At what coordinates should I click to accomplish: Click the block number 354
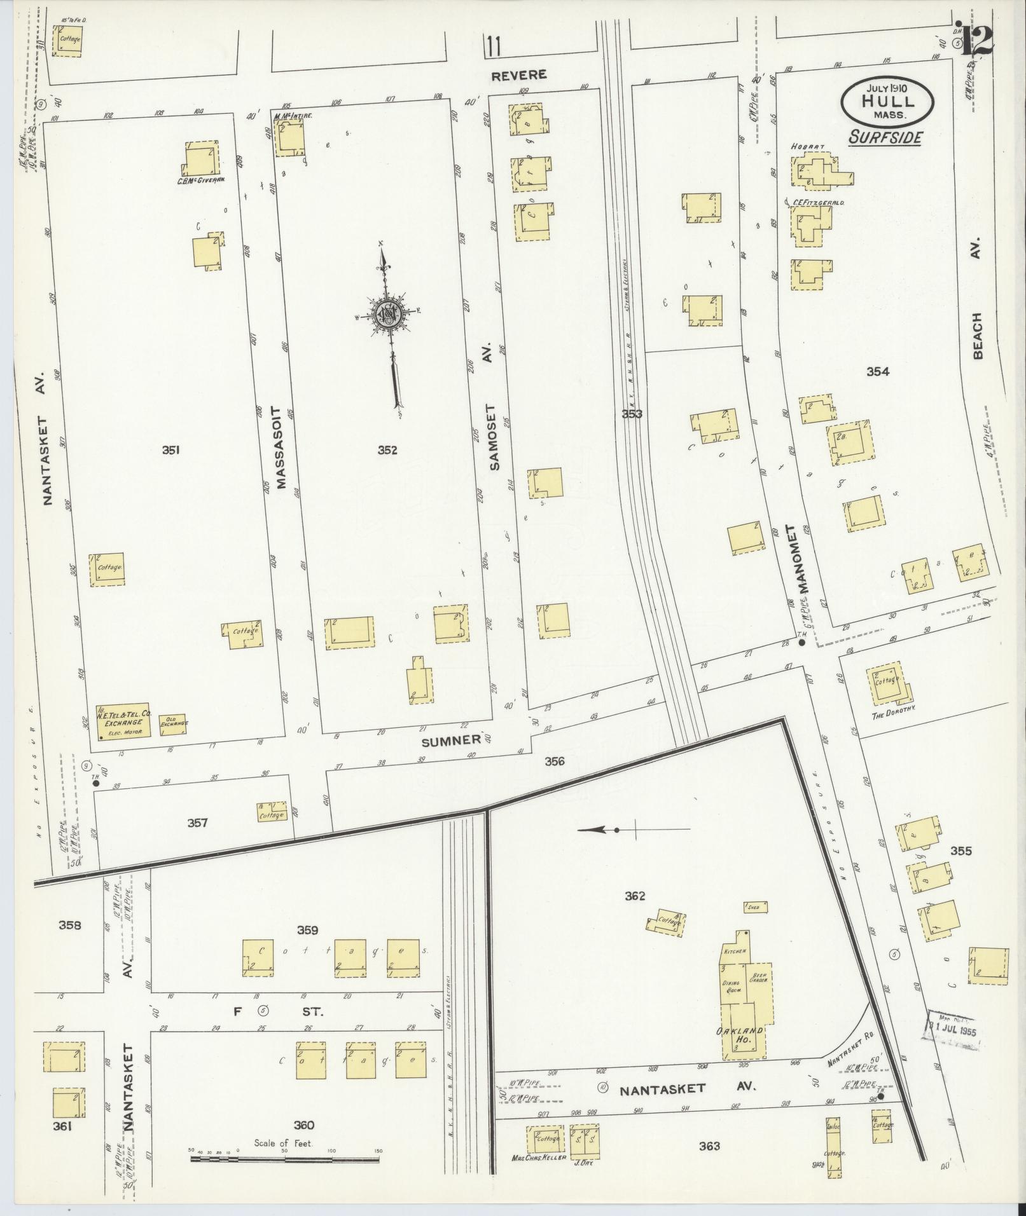pos(878,371)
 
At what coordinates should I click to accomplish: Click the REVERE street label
pos(519,75)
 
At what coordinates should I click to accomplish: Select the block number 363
pos(709,1145)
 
